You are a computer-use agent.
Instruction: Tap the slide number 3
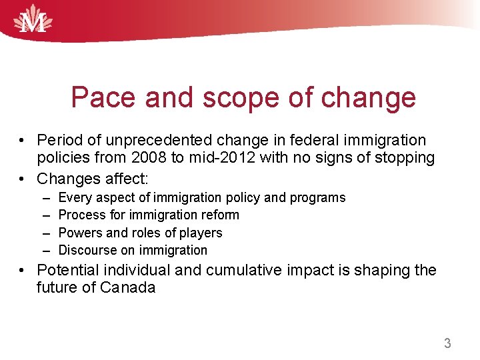[447, 343]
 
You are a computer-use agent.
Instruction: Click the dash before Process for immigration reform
[45, 215]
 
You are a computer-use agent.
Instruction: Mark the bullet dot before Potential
[23, 270]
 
